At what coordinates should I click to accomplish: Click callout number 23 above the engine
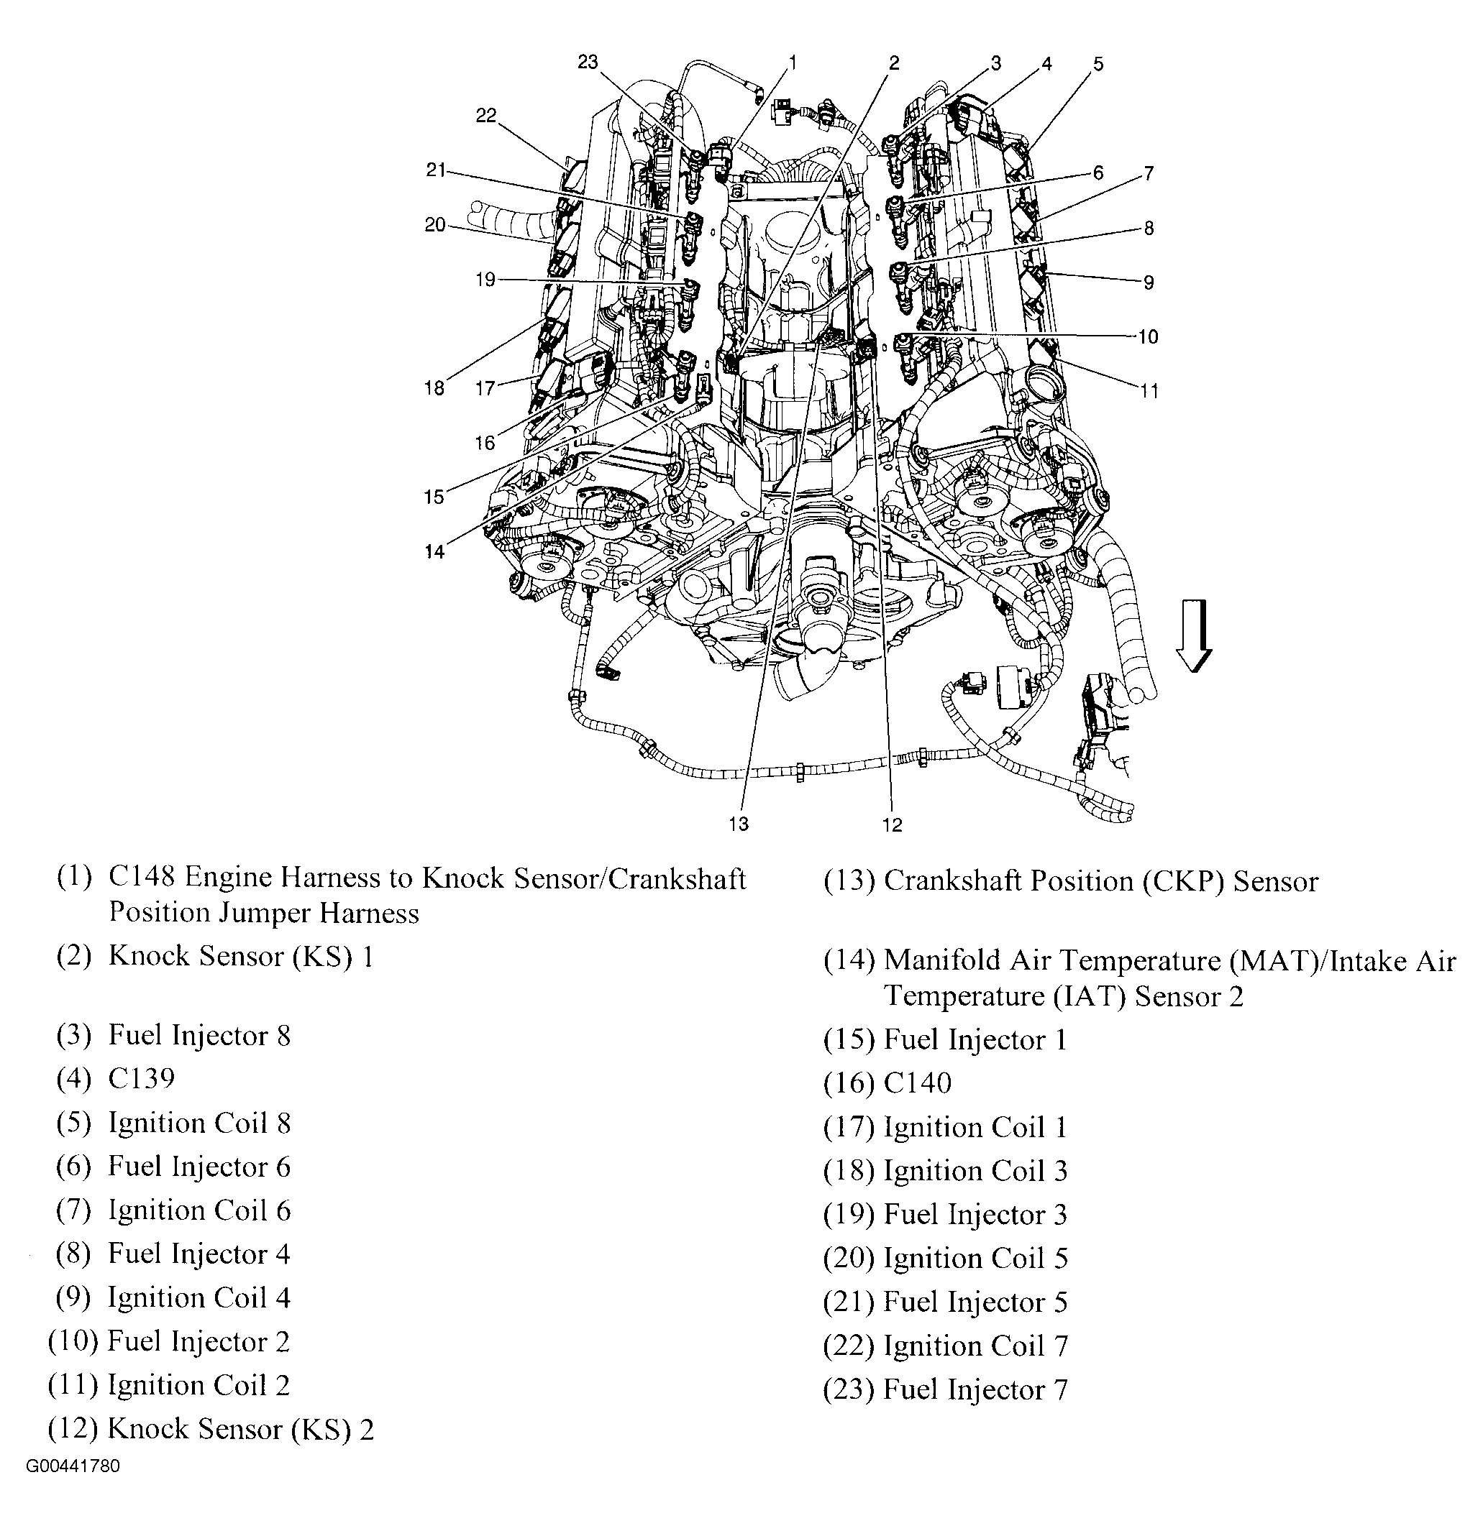(x=588, y=62)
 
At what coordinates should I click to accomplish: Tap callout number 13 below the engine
(x=739, y=824)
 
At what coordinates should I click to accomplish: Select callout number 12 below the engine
(x=892, y=824)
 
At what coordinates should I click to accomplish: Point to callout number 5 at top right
(x=1098, y=64)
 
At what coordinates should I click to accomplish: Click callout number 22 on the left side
(x=486, y=115)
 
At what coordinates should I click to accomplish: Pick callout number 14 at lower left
(x=434, y=551)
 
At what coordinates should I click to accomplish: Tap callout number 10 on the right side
(x=1148, y=336)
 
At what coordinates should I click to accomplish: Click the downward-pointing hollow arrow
(x=1193, y=635)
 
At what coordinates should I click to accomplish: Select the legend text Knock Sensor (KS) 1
(x=241, y=956)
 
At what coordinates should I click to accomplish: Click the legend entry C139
(x=142, y=1078)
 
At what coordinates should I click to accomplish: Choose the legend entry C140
(x=918, y=1083)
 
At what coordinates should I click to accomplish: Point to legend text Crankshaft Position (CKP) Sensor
(x=1100, y=881)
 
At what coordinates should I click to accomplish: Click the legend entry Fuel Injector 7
(x=975, y=1389)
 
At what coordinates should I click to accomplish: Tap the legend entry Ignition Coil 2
(x=199, y=1385)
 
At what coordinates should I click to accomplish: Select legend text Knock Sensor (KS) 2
(x=241, y=1429)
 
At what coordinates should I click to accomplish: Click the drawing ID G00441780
(x=73, y=1467)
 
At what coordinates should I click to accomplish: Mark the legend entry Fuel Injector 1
(x=975, y=1040)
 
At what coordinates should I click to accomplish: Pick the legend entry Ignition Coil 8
(x=199, y=1123)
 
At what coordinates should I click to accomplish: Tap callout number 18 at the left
(x=434, y=387)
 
